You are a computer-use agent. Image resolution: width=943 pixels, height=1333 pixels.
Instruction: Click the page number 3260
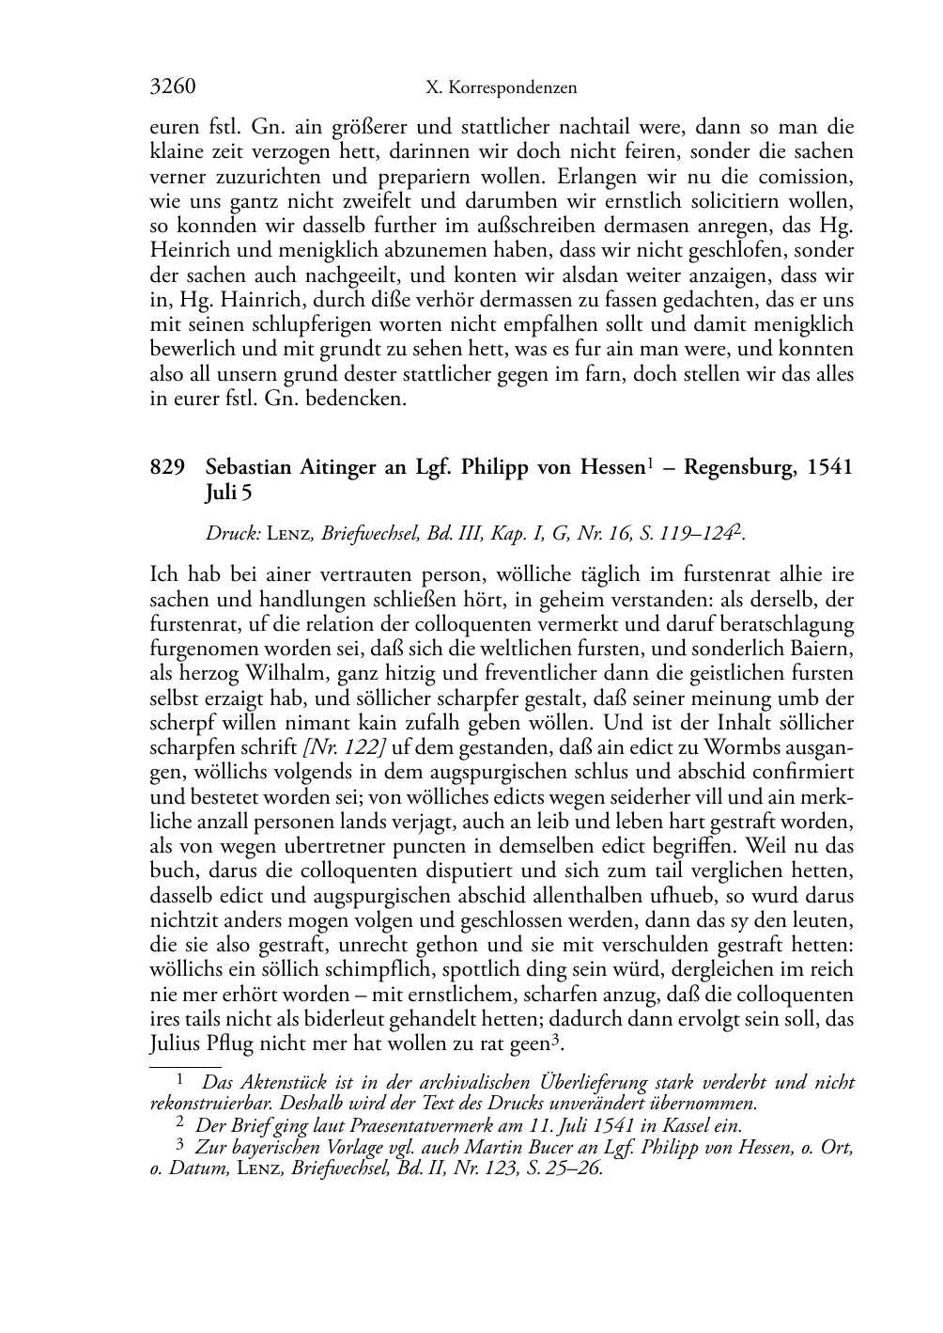[x=172, y=87]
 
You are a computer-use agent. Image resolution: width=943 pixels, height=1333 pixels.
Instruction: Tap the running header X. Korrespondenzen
[x=501, y=88]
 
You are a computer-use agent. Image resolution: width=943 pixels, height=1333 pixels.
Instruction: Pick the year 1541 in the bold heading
[x=828, y=467]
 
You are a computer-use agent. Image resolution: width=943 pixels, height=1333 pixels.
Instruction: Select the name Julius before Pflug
[x=174, y=1044]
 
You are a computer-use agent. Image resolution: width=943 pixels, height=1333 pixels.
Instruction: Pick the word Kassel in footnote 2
[x=688, y=1125]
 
